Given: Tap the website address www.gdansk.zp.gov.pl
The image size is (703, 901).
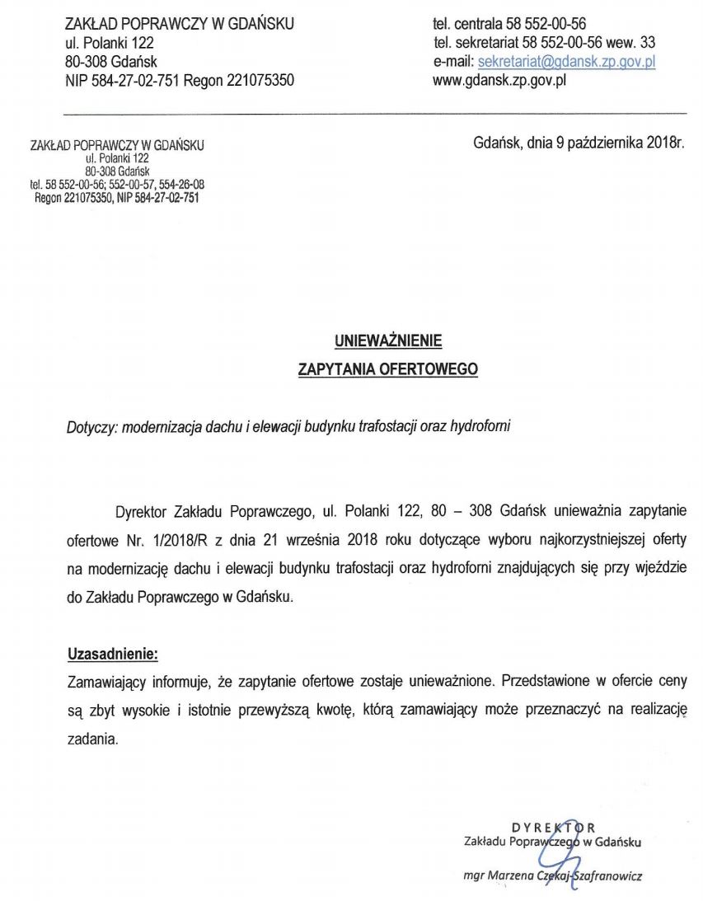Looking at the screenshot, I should point(499,81).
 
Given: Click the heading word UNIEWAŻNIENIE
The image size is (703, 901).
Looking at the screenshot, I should point(387,339).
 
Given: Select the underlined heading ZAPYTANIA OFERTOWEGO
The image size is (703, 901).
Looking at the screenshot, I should point(387,369).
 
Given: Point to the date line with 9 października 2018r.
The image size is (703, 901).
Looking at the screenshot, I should point(579,142).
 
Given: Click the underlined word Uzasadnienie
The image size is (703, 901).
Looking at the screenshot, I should point(111,655).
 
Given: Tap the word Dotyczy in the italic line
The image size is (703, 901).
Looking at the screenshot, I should point(91,429).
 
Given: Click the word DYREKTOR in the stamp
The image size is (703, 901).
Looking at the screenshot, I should point(553,827).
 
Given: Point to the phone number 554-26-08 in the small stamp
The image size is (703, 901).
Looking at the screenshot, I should point(181,185).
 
